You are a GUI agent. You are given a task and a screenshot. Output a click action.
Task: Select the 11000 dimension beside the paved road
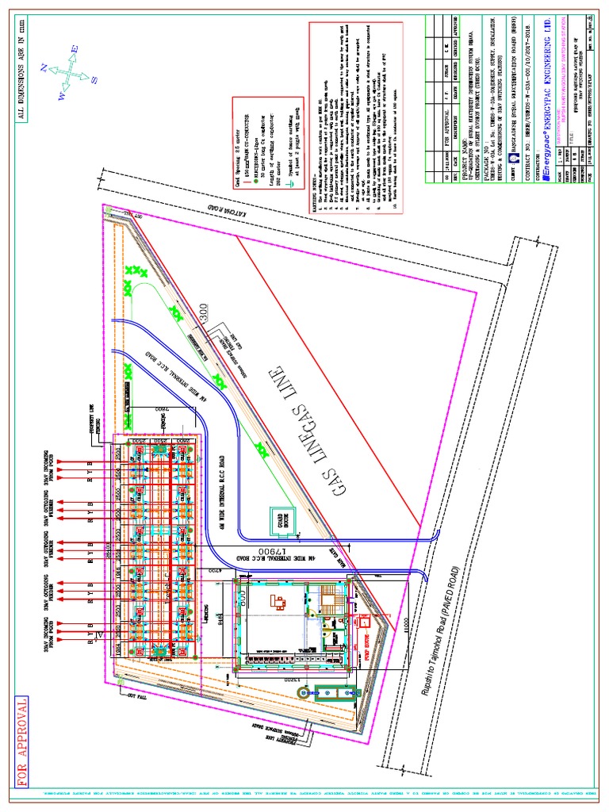point(404,625)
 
